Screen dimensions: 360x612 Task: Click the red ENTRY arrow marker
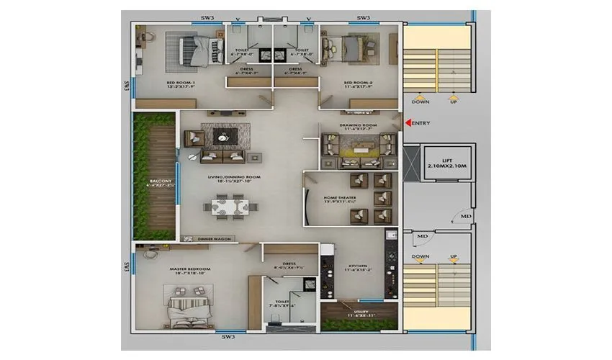[408, 123]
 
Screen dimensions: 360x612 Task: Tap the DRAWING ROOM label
[359, 127]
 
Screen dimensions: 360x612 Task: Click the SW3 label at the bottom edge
[228, 337]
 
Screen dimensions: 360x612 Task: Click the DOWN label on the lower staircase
[420, 257]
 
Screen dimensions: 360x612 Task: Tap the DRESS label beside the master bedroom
[289, 264]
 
